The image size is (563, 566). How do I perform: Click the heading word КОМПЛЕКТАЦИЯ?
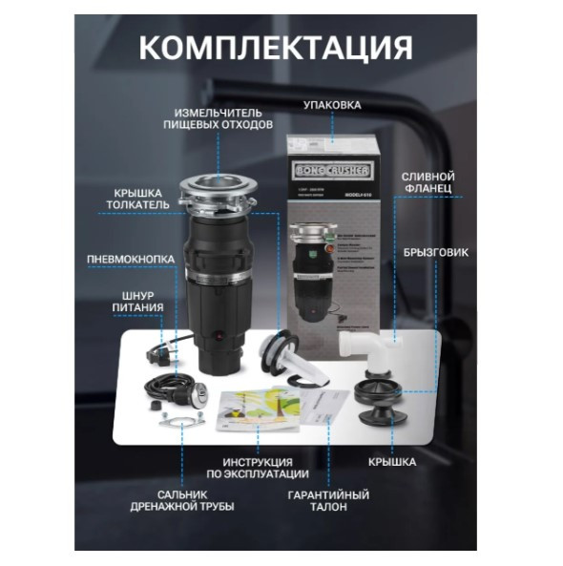tap(277, 47)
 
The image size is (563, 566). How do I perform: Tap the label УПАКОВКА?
tap(332, 104)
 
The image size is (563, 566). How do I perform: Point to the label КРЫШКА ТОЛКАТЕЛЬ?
tap(140, 198)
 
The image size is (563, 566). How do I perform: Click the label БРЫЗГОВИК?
tap(443, 252)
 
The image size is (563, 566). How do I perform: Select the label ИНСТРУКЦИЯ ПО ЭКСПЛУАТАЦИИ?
tap(258, 467)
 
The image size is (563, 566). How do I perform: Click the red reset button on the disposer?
tap(221, 339)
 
